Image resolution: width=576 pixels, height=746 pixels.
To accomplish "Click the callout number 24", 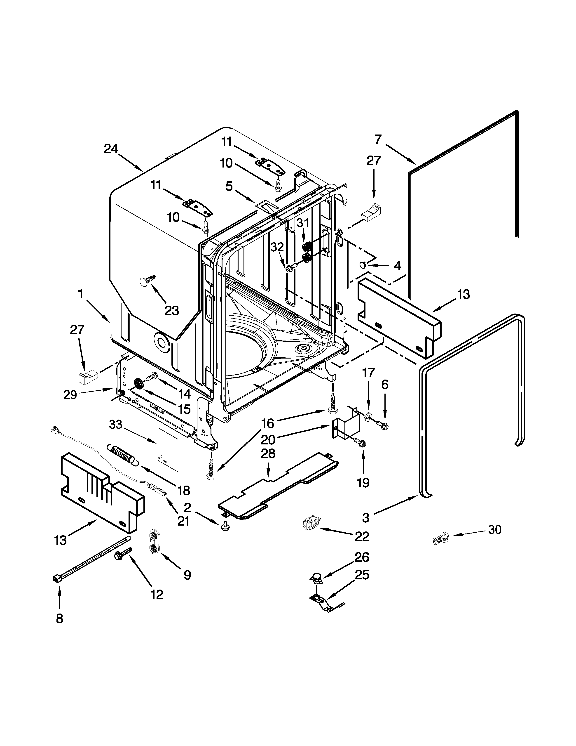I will click(x=111, y=149).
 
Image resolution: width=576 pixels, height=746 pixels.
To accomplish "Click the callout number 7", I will click(x=378, y=140).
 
